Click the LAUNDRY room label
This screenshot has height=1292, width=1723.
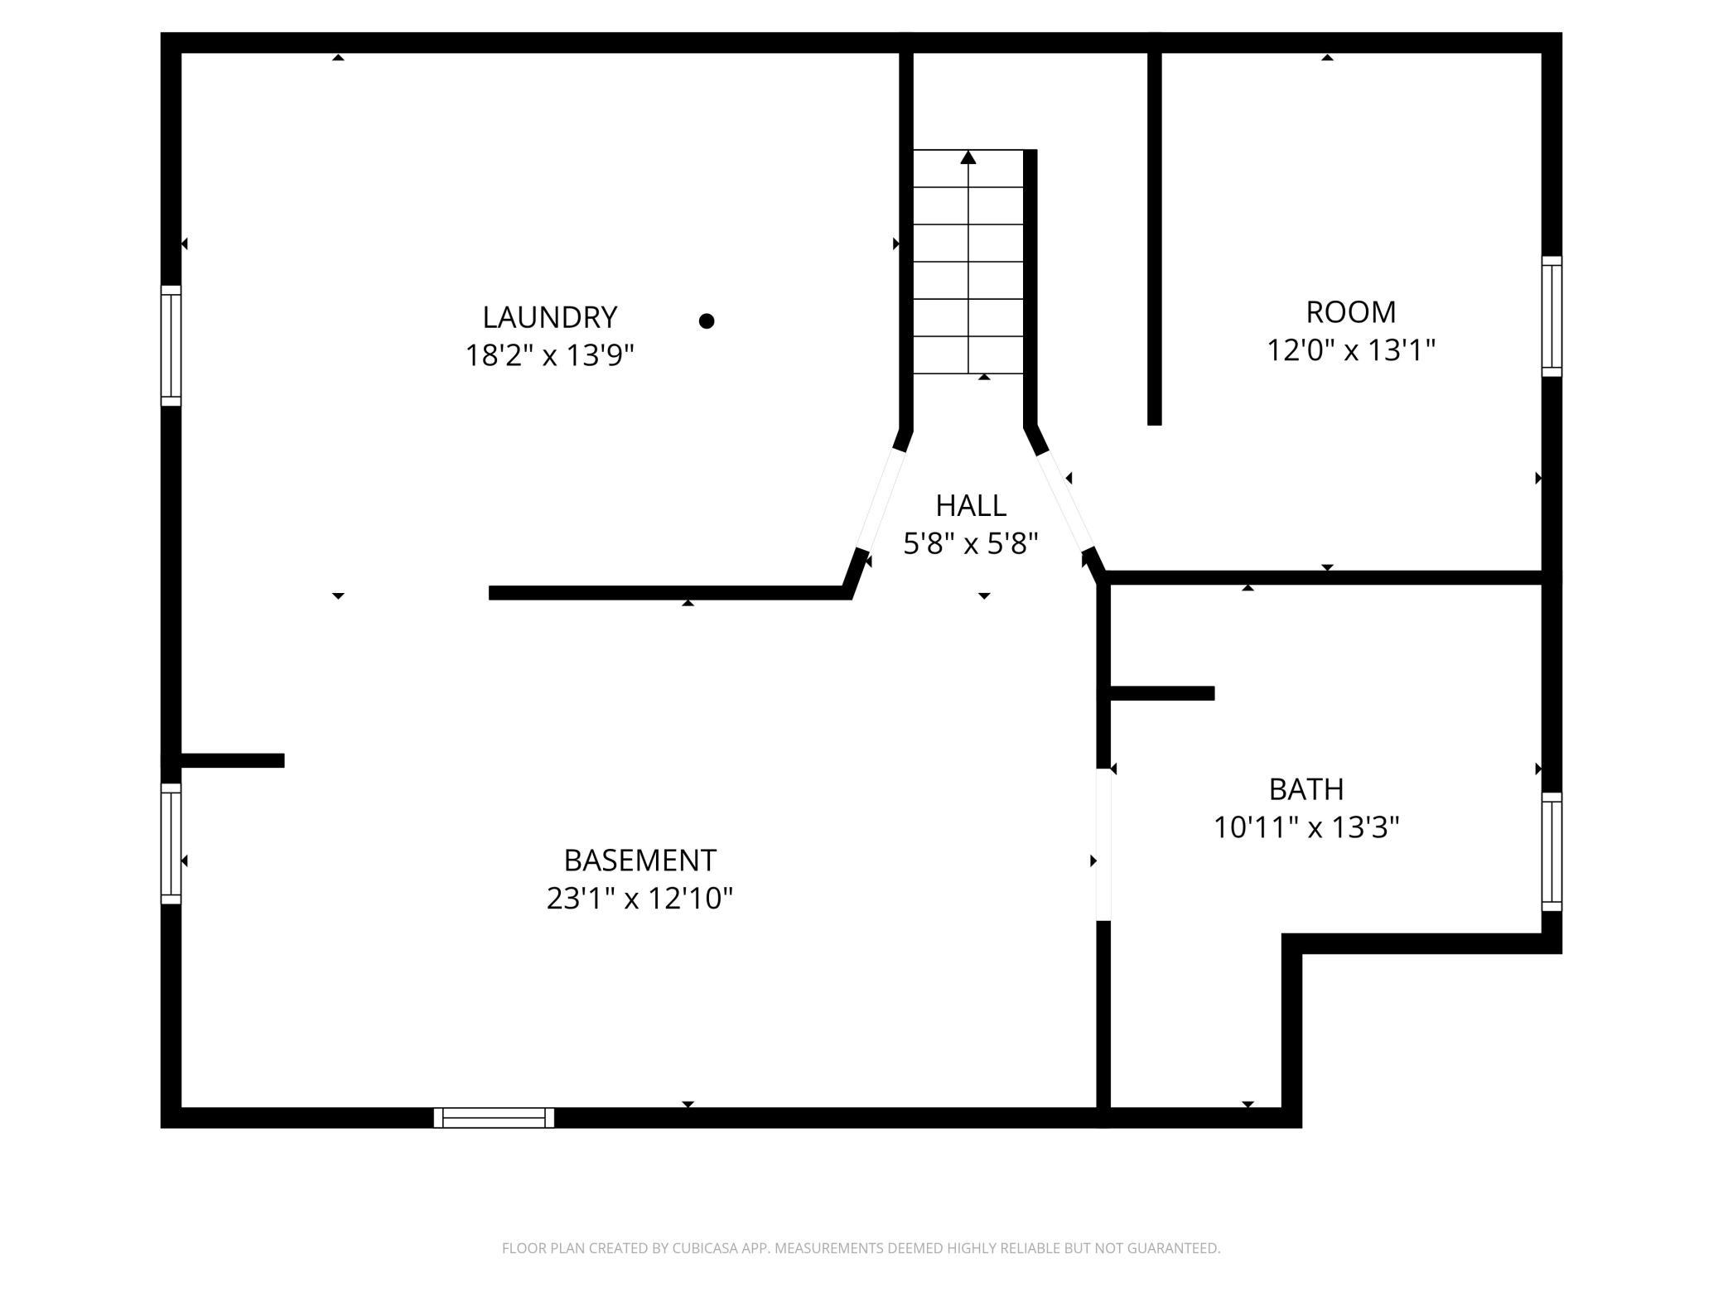(550, 317)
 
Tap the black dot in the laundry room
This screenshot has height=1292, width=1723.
(707, 321)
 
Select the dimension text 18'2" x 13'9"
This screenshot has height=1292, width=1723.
(550, 355)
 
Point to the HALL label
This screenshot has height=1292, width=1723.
(971, 505)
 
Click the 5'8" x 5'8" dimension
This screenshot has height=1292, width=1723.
(971, 543)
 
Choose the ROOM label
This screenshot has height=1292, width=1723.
(1351, 312)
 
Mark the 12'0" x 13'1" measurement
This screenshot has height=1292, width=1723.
(1351, 350)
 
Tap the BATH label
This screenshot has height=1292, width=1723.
(1306, 789)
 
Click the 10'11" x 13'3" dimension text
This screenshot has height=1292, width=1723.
(1306, 827)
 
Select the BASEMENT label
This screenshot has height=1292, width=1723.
(639, 861)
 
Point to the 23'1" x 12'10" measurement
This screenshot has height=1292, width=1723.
(639, 899)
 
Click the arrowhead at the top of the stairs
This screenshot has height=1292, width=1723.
(968, 157)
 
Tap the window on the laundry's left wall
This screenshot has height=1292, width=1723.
(171, 346)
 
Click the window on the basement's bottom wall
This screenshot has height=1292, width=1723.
(495, 1118)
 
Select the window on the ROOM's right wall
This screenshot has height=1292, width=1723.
(1552, 316)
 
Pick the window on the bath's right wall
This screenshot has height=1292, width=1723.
(1552, 852)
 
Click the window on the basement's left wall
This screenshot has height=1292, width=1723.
(171, 844)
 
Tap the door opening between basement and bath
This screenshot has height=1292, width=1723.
(1103, 844)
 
